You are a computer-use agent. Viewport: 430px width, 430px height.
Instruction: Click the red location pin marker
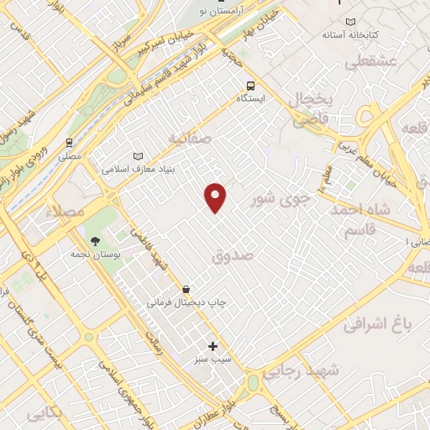[216, 197]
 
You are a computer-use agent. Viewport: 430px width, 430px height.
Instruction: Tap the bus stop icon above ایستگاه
[249, 86]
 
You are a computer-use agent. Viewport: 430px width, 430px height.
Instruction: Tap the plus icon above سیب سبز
[212, 346]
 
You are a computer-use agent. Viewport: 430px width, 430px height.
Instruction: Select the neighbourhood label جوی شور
[281, 200]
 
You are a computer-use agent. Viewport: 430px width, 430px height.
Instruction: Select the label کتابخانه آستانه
[352, 35]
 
